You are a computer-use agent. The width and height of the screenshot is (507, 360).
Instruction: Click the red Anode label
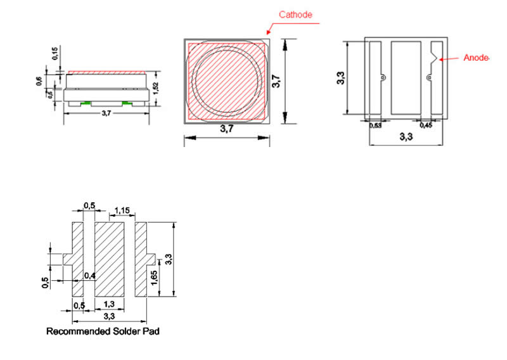point(476,58)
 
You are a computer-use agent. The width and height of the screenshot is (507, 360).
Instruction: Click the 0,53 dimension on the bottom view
point(375,125)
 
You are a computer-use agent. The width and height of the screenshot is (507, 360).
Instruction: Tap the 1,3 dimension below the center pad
point(109,305)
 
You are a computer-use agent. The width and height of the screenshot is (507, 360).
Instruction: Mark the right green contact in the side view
point(125,102)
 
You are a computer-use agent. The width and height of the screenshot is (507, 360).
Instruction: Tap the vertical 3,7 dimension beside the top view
point(276,81)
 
